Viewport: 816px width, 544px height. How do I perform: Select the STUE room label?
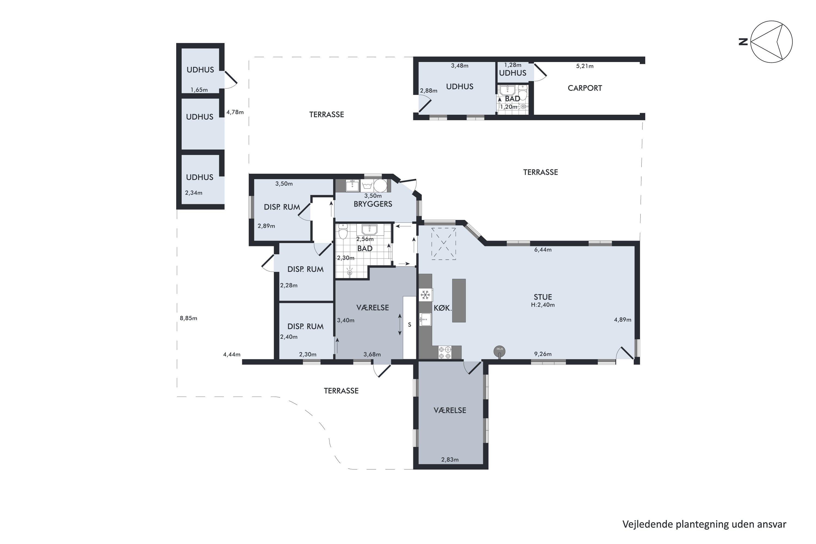[x=543, y=297]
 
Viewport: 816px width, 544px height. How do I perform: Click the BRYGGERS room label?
[x=373, y=204]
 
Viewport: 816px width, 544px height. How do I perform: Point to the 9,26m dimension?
[x=543, y=354]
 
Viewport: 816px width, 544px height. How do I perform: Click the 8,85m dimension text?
[x=188, y=318]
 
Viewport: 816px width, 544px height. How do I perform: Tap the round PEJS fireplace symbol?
[x=500, y=351]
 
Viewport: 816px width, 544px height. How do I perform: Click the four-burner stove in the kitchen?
[x=445, y=352]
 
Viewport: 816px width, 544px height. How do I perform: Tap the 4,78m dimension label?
[x=235, y=112]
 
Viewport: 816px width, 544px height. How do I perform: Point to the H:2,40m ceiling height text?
[x=543, y=305]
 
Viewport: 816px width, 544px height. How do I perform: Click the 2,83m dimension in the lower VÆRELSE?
[x=450, y=460]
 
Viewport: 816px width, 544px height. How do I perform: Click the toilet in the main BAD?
[x=343, y=232]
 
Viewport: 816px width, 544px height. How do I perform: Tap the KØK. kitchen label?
[x=443, y=308]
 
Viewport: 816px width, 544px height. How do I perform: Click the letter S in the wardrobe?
[x=409, y=325]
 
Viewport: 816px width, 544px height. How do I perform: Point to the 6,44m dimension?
[x=543, y=249]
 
